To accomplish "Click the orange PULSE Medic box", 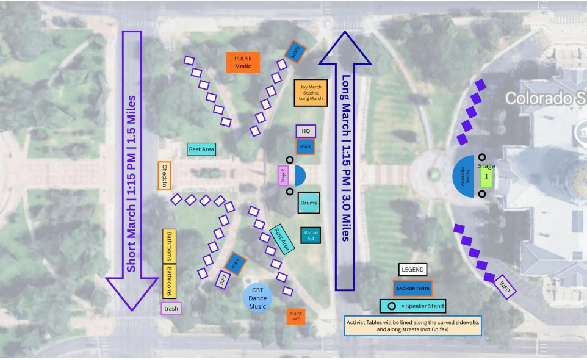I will pyautogui.click(x=243, y=62).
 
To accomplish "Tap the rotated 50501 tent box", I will pyautogui.click(x=295, y=53).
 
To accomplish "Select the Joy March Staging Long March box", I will pyautogui.click(x=311, y=93).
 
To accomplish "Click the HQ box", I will pyautogui.click(x=306, y=131).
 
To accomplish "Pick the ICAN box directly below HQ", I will pyautogui.click(x=305, y=146).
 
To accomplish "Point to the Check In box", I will pyautogui.click(x=164, y=176).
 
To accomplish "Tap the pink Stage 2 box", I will pyautogui.click(x=282, y=176).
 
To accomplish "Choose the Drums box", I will pyautogui.click(x=309, y=203).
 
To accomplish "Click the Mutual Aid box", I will pyautogui.click(x=311, y=235).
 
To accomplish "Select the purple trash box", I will pyautogui.click(x=171, y=308).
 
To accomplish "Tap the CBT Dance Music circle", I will pyautogui.click(x=257, y=298).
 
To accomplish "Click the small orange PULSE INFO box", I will pyautogui.click(x=296, y=316).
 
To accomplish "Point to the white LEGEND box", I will pyautogui.click(x=412, y=269).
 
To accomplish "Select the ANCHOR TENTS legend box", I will pyautogui.click(x=412, y=288).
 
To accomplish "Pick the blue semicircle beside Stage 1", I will pyautogui.click(x=464, y=176).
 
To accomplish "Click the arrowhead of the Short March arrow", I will pyautogui.click(x=132, y=293).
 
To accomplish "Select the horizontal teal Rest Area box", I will pyautogui.click(x=201, y=149).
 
